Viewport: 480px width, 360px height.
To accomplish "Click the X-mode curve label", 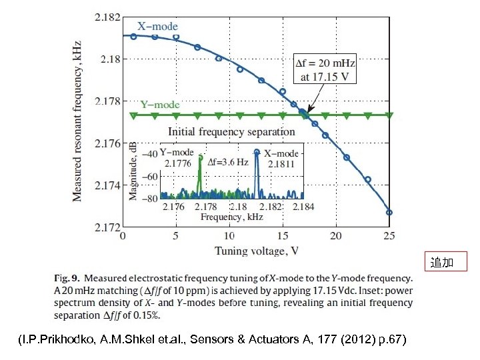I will [158, 27].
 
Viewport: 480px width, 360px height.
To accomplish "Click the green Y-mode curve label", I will [160, 105].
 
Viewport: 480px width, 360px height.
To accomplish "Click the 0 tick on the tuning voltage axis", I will [122, 236].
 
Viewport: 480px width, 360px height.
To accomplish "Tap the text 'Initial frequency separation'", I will [232, 131].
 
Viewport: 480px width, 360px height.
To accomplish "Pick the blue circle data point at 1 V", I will [133, 37].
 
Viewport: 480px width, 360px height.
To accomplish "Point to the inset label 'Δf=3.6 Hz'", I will [227, 161].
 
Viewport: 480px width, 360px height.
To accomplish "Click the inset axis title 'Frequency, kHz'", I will [232, 217].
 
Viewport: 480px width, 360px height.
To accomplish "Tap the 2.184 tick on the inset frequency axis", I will [303, 207].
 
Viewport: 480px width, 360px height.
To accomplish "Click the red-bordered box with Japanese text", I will [442, 263].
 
